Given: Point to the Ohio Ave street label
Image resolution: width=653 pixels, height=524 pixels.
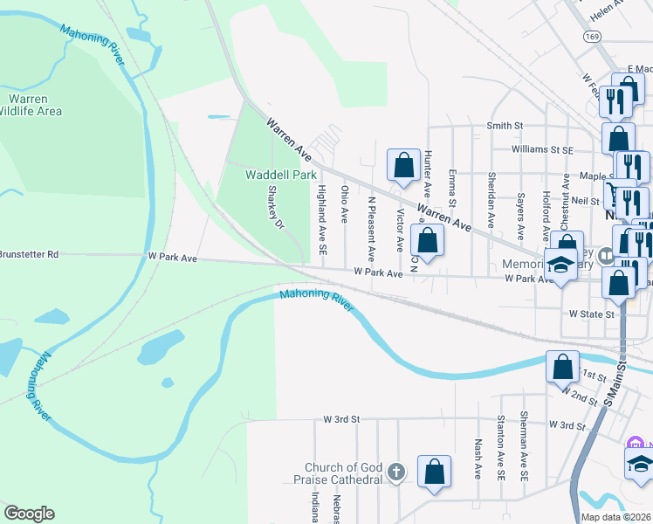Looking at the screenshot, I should pyautogui.click(x=345, y=203).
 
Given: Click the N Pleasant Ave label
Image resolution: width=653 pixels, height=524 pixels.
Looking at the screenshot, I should pyautogui.click(x=371, y=229).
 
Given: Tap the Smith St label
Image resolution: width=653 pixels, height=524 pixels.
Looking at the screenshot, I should pyautogui.click(x=505, y=126).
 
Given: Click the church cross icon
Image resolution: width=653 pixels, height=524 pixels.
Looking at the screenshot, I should pyautogui.click(x=395, y=472).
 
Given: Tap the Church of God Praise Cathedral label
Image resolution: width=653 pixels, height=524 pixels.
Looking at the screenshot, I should pyautogui.click(x=343, y=473).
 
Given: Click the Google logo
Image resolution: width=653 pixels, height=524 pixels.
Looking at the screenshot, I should pyautogui.click(x=29, y=514).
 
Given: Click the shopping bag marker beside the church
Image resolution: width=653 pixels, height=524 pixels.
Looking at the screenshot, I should pyautogui.click(x=434, y=472).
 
